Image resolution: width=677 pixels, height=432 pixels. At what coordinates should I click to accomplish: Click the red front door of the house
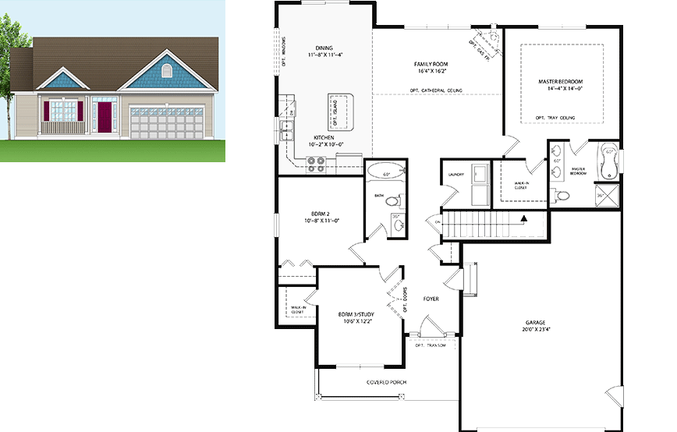(105, 115)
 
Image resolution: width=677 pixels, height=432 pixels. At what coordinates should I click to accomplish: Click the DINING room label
(324, 47)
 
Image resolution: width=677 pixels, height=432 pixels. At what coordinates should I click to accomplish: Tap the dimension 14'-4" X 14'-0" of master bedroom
(561, 89)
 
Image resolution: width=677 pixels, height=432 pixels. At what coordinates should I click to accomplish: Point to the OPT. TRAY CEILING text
(555, 118)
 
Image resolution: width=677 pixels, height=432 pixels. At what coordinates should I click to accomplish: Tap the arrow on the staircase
(525, 219)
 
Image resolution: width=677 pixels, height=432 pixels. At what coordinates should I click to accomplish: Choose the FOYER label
(431, 299)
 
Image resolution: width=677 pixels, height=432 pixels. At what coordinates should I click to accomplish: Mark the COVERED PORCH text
(387, 382)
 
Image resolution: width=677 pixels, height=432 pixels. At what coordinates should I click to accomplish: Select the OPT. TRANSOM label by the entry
(430, 345)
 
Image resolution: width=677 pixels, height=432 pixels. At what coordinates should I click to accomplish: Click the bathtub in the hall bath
(385, 172)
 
